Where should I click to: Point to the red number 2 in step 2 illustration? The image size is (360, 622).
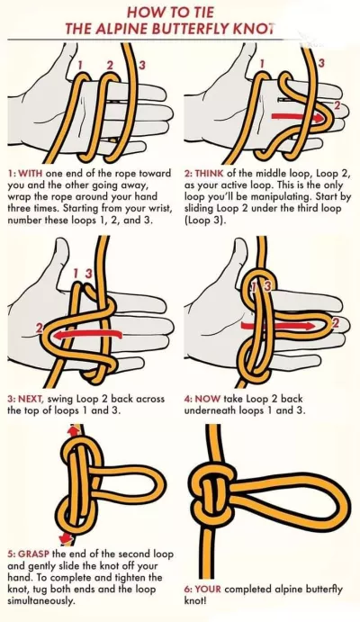point(337,105)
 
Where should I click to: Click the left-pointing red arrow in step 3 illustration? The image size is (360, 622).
point(86,335)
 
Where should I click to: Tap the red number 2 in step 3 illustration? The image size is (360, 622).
point(40,328)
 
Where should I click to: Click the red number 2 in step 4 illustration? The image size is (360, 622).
point(336,323)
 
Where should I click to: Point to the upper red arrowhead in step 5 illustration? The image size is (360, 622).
point(73,430)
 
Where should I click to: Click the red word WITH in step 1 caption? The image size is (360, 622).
point(30,174)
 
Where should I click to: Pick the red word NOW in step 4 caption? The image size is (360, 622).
point(208,399)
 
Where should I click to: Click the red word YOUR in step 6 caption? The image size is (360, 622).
point(210,589)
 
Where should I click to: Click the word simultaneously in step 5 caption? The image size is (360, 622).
point(40,601)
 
